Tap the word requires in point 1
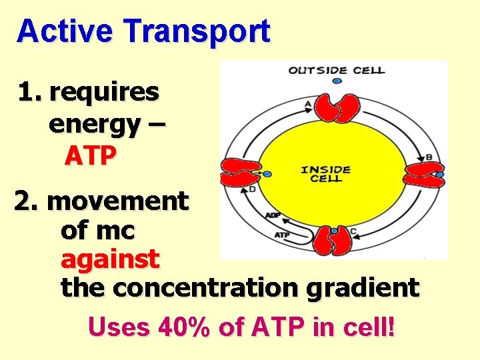(104, 92)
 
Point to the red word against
(110, 259)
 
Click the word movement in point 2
(119, 200)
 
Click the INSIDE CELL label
(326, 175)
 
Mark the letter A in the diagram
(307, 104)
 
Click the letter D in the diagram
(251, 189)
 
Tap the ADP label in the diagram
(273, 215)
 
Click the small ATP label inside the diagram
(281, 234)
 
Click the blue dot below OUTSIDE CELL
(337, 81)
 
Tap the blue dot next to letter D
(267, 174)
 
